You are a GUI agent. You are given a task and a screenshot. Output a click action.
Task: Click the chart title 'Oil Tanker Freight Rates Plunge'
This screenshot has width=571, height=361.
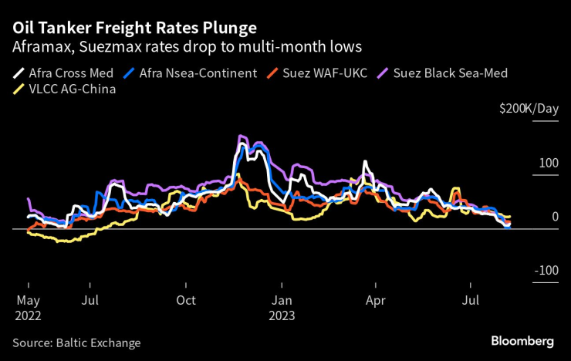click(135, 29)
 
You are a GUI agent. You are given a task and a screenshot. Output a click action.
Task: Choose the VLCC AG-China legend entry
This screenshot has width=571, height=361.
click(64, 89)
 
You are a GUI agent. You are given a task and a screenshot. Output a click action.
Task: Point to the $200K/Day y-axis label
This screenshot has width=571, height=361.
click(529, 109)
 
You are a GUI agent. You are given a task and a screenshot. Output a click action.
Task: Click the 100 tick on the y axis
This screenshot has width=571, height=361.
click(549, 164)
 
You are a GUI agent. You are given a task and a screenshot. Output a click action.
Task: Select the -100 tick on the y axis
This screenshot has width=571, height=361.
click(546, 270)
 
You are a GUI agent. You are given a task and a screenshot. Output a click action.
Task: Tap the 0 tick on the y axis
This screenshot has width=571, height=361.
click(554, 217)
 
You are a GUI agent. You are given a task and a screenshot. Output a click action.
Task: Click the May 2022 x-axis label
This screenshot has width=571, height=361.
click(28, 308)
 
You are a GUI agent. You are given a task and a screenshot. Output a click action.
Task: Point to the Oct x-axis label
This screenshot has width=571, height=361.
click(185, 301)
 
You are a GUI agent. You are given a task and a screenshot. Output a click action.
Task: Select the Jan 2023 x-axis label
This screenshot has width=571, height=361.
click(282, 308)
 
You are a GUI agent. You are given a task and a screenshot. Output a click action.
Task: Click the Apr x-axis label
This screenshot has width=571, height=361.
click(376, 301)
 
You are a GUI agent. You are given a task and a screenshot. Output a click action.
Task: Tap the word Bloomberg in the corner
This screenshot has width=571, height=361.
click(523, 341)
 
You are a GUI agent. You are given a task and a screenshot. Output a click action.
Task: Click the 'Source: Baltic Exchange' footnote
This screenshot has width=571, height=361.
click(76, 342)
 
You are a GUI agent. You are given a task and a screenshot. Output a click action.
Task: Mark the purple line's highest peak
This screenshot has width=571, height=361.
click(242, 137)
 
